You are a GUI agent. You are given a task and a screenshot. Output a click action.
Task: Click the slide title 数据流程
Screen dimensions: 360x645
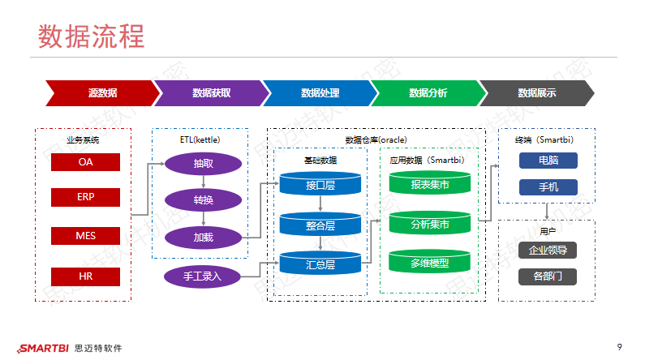click(x=91, y=36)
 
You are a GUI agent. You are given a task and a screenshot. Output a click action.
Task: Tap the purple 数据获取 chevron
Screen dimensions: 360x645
click(x=210, y=93)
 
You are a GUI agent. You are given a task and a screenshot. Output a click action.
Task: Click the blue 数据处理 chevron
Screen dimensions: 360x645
click(x=319, y=93)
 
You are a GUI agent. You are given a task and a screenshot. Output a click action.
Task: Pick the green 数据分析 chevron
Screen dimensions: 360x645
click(x=427, y=93)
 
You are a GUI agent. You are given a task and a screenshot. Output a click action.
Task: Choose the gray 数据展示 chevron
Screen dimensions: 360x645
click(x=536, y=93)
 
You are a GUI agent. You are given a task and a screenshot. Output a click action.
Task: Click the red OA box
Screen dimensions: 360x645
click(x=85, y=162)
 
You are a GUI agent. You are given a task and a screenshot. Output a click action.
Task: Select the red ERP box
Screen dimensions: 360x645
click(x=85, y=198)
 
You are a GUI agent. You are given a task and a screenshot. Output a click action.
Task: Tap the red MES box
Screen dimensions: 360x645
click(x=85, y=236)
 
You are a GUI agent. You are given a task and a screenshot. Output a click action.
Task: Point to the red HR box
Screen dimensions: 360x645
click(x=85, y=276)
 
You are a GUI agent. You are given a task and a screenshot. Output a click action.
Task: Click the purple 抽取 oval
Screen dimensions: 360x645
click(x=204, y=163)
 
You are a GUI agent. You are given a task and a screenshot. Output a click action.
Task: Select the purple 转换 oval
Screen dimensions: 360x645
click(x=204, y=200)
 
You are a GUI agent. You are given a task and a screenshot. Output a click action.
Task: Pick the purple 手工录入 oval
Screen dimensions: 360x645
click(x=203, y=276)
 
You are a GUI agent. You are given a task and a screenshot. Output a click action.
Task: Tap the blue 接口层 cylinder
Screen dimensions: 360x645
click(x=320, y=186)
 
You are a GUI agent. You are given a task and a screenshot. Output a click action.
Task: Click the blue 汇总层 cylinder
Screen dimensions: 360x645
click(x=320, y=264)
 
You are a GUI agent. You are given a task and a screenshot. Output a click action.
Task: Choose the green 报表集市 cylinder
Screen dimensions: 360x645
click(x=429, y=185)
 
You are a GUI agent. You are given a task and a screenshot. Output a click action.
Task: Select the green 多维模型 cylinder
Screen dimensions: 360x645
click(x=429, y=263)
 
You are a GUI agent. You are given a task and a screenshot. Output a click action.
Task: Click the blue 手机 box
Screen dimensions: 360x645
click(x=548, y=187)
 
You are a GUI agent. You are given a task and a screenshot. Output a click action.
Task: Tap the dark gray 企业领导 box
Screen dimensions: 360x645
click(x=548, y=250)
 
